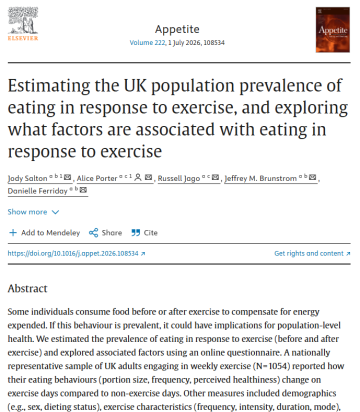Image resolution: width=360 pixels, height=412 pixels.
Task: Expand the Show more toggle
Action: pyautogui.click(x=31, y=212)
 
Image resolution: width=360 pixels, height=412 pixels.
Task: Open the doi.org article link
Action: pyautogui.click(x=74, y=254)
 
